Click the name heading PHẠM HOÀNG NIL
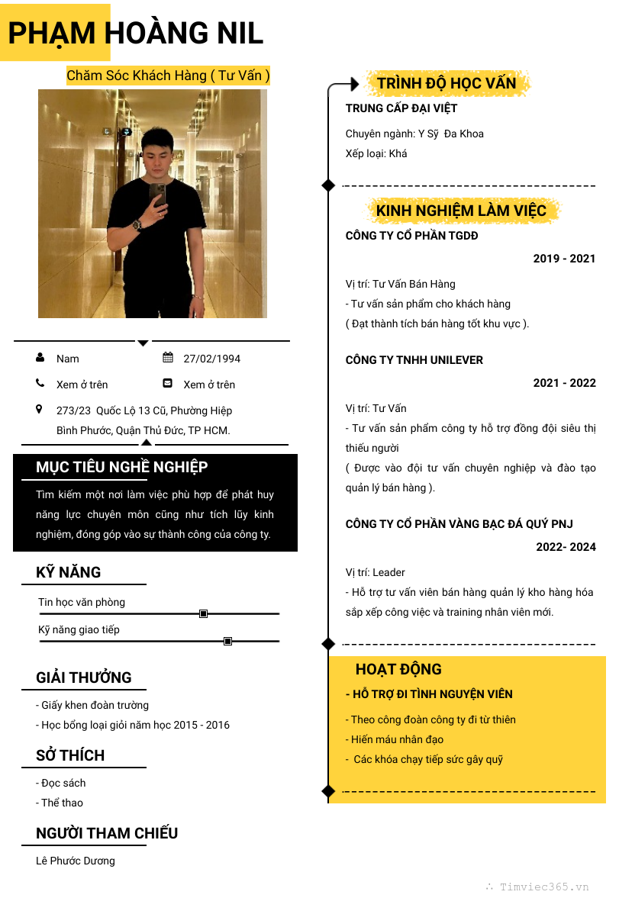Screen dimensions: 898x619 coord(136,33)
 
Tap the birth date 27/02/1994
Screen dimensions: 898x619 coord(211,359)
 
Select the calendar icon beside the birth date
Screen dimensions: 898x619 coord(168,357)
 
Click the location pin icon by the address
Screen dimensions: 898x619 coord(40,410)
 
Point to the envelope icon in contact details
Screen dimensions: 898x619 coord(168,383)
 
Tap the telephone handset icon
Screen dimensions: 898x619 coord(40,383)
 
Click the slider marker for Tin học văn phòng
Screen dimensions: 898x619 coord(203,613)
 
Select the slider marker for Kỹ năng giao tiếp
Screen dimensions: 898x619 coord(227,641)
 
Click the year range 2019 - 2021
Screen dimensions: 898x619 coord(564,259)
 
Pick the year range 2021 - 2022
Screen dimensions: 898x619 coord(564,383)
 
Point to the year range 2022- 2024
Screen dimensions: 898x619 coord(566,547)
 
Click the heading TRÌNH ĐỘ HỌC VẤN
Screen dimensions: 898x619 coord(447,83)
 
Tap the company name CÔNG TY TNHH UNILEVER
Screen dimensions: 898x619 coord(414,360)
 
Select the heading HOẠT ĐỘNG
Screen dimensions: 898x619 coord(398,669)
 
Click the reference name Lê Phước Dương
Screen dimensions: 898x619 coord(76,861)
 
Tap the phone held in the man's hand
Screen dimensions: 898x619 coord(157,194)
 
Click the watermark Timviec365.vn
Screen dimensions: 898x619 coord(543,887)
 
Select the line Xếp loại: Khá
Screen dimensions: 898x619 coord(376,153)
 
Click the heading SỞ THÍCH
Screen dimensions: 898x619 coord(70,755)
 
